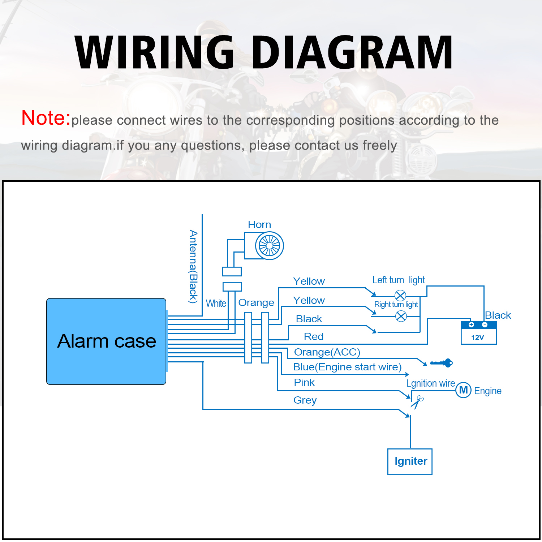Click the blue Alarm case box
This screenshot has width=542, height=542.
click(106, 341)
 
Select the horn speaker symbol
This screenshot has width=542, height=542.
click(269, 246)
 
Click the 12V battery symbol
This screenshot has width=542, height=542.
click(478, 333)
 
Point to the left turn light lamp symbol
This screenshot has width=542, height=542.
click(400, 296)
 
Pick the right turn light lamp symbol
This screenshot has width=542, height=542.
click(401, 317)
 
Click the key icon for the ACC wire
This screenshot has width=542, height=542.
click(442, 363)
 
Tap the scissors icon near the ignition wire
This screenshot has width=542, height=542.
click(417, 402)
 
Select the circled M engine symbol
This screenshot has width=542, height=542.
click(463, 390)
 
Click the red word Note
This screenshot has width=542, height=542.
click(46, 118)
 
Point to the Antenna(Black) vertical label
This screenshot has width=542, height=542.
click(194, 267)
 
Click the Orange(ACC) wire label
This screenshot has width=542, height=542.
click(327, 352)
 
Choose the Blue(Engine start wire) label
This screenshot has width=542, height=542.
click(347, 367)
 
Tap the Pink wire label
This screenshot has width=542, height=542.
click(304, 383)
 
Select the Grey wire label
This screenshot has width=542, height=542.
click(305, 400)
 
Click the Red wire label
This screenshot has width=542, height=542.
click(314, 337)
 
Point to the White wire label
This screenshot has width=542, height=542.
click(216, 304)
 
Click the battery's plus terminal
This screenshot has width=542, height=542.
click(471, 324)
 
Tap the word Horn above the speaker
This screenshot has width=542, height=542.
click(259, 225)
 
